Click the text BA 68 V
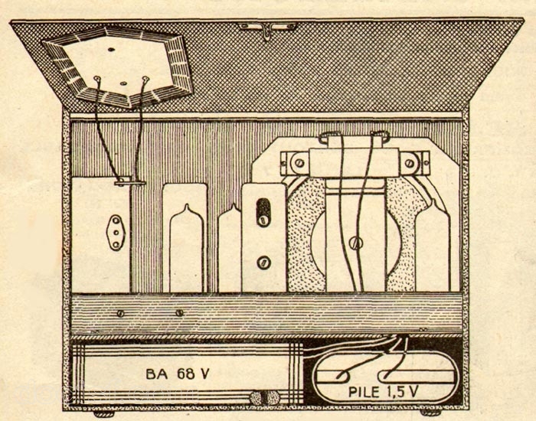tap(177, 374)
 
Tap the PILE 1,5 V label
tap(383, 392)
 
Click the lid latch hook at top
tap(267, 31)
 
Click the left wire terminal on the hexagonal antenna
tap(97, 79)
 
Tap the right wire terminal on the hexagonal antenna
tap(146, 80)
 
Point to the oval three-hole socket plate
tap(116, 233)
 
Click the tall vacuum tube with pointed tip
tap(186, 247)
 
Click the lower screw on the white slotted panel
tap(263, 263)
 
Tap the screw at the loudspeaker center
tap(356, 243)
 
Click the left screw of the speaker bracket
tap(299, 163)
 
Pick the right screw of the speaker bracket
tap(410, 163)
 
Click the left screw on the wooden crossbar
tap(120, 313)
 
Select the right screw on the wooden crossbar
tap(179, 312)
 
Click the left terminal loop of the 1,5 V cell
tap(342, 377)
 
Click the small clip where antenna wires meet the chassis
tap(130, 182)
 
